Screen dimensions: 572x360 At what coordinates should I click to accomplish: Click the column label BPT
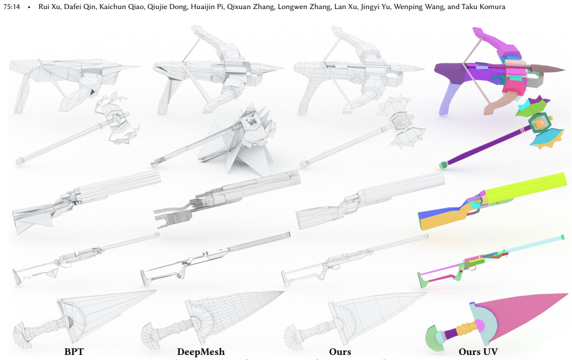[x=74, y=352]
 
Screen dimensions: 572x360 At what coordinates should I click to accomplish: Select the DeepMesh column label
[x=201, y=352]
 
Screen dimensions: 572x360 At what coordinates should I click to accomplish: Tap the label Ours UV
[x=478, y=352]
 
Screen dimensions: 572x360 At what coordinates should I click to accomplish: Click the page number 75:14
[x=12, y=7]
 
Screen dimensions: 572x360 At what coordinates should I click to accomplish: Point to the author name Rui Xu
[x=49, y=7]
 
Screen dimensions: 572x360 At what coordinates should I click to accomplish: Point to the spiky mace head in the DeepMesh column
[x=249, y=139]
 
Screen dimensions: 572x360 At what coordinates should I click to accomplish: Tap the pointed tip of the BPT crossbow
[x=140, y=66]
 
